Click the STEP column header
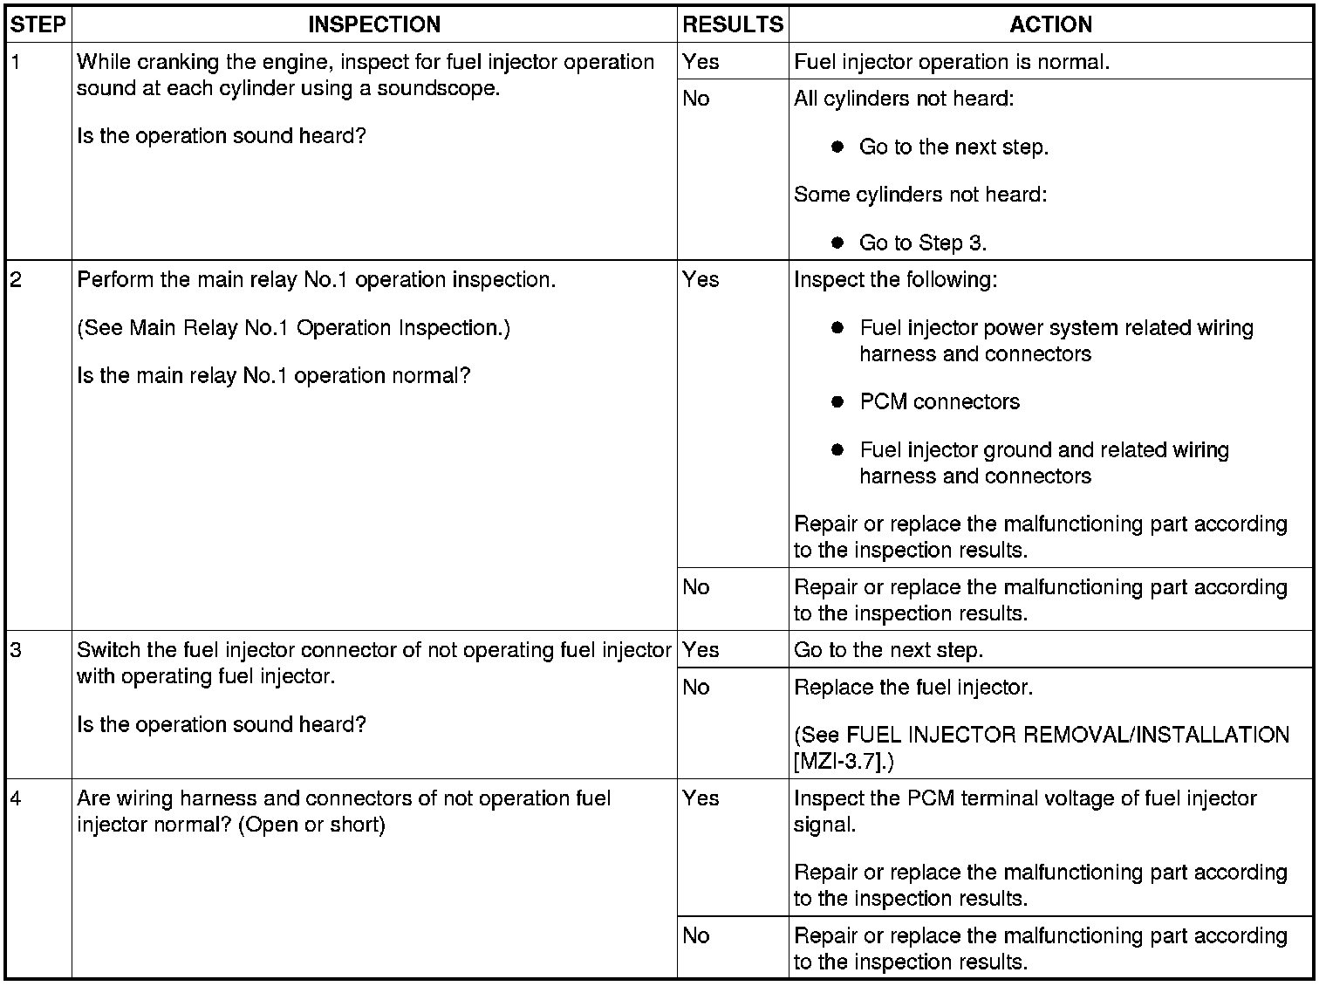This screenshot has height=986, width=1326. click(38, 24)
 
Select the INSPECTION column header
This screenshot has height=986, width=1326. click(374, 24)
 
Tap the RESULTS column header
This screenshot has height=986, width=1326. click(733, 24)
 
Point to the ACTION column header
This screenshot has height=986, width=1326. click(1050, 24)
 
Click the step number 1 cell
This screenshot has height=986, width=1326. click(16, 62)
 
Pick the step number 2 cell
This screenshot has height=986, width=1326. click(16, 280)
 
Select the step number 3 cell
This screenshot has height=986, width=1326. click(16, 650)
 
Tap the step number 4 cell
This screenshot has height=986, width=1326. click(16, 798)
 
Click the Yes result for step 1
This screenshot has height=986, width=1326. click(701, 62)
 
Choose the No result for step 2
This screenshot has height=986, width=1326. click(696, 587)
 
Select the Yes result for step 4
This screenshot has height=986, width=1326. click(701, 798)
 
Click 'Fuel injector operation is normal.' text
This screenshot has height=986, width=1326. click(952, 62)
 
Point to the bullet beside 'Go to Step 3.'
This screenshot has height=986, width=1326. click(837, 243)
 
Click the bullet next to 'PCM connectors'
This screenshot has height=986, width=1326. click(837, 402)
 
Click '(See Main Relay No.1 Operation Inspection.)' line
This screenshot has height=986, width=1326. click(293, 328)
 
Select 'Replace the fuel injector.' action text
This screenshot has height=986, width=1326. click(913, 688)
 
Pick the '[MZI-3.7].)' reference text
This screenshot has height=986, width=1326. click(844, 761)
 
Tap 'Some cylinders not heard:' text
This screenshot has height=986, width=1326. click(920, 195)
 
